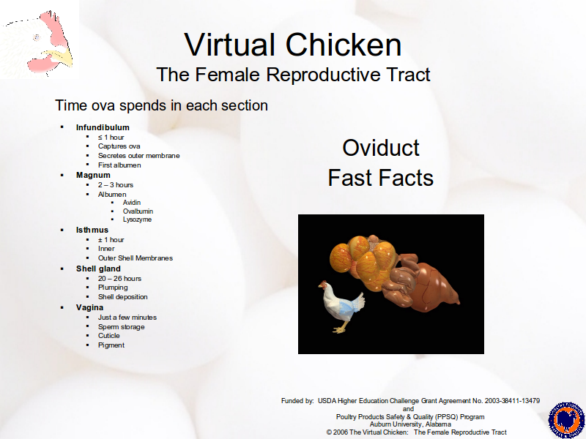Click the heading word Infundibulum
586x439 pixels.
(103, 127)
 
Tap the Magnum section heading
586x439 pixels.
(93, 175)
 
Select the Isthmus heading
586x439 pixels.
(92, 230)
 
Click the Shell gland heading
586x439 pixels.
(98, 269)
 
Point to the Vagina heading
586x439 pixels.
(89, 307)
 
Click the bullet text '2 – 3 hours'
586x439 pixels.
(116, 185)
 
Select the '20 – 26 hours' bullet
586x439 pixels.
(119, 279)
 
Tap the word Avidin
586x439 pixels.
(132, 203)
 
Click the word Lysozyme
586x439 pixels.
(137, 219)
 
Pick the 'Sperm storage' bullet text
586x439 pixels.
(121, 327)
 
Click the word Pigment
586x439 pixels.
(111, 345)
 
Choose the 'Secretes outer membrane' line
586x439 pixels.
(138, 156)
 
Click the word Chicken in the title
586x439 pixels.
(344, 45)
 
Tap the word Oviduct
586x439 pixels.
(381, 148)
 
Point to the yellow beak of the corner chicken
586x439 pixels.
(62, 57)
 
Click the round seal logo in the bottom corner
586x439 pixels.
(566, 420)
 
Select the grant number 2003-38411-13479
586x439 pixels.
(512, 401)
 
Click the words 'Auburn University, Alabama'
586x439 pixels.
(410, 424)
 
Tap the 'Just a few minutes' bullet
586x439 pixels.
(127, 318)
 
